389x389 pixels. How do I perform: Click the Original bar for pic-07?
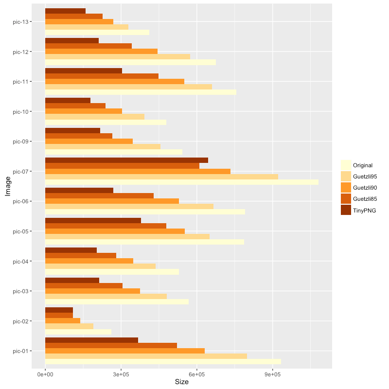[x=181, y=182]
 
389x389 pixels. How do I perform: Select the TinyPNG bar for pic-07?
[x=126, y=160]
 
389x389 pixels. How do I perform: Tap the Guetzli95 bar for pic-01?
[x=146, y=356]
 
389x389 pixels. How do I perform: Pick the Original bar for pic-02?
[x=78, y=332]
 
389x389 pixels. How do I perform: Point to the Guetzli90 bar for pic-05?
[x=115, y=231]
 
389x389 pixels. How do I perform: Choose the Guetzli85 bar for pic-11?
[x=102, y=76]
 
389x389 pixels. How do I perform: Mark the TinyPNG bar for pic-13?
[x=65, y=11]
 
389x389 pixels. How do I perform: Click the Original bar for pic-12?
[x=130, y=62]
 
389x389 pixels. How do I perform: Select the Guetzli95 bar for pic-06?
[x=129, y=206]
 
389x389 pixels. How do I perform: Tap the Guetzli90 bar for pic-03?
[x=92, y=291]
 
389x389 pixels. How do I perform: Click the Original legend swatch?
[x=346, y=165]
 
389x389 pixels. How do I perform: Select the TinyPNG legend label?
[x=365, y=210]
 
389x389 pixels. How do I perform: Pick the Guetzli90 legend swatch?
[x=346, y=187]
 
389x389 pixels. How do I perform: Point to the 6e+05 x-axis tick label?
[x=196, y=374]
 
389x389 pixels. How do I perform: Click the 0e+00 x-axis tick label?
[x=45, y=374]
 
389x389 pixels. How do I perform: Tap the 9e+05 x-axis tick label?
[x=272, y=374]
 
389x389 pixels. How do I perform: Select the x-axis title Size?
[x=181, y=382]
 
